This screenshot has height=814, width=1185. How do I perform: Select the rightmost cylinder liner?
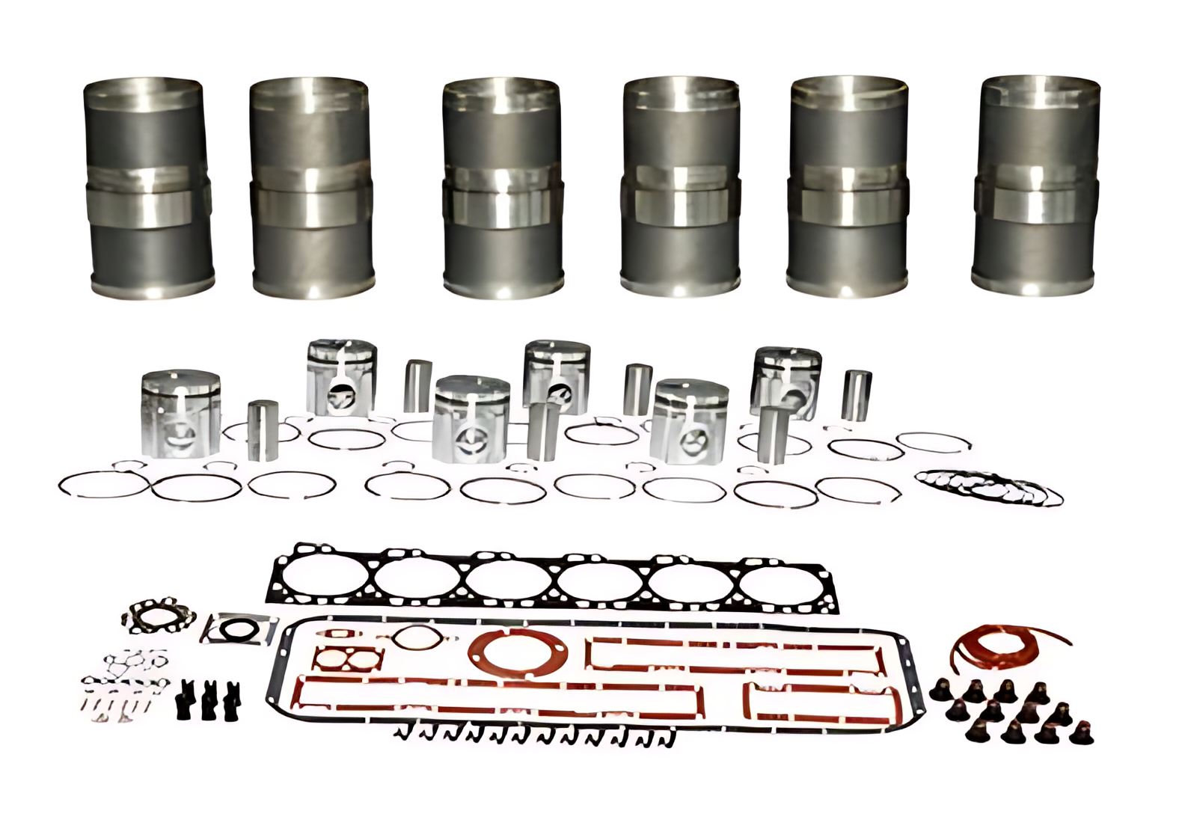click(x=1037, y=186)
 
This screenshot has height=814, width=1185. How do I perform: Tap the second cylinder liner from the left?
click(x=310, y=187)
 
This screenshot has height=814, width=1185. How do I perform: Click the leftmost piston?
click(x=180, y=413)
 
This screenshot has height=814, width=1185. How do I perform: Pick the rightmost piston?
click(x=786, y=382)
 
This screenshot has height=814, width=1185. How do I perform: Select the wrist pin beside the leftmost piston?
click(x=263, y=430)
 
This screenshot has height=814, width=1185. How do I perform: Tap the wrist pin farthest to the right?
click(x=856, y=394)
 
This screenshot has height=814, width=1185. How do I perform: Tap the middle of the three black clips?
click(x=209, y=702)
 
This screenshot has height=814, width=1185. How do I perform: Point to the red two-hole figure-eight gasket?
click(x=348, y=658)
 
